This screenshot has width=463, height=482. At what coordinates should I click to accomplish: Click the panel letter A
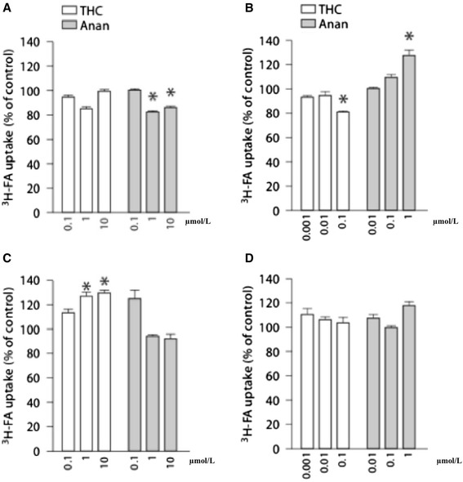coord(7,7)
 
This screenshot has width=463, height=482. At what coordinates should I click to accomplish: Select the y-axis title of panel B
coord(247,124)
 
